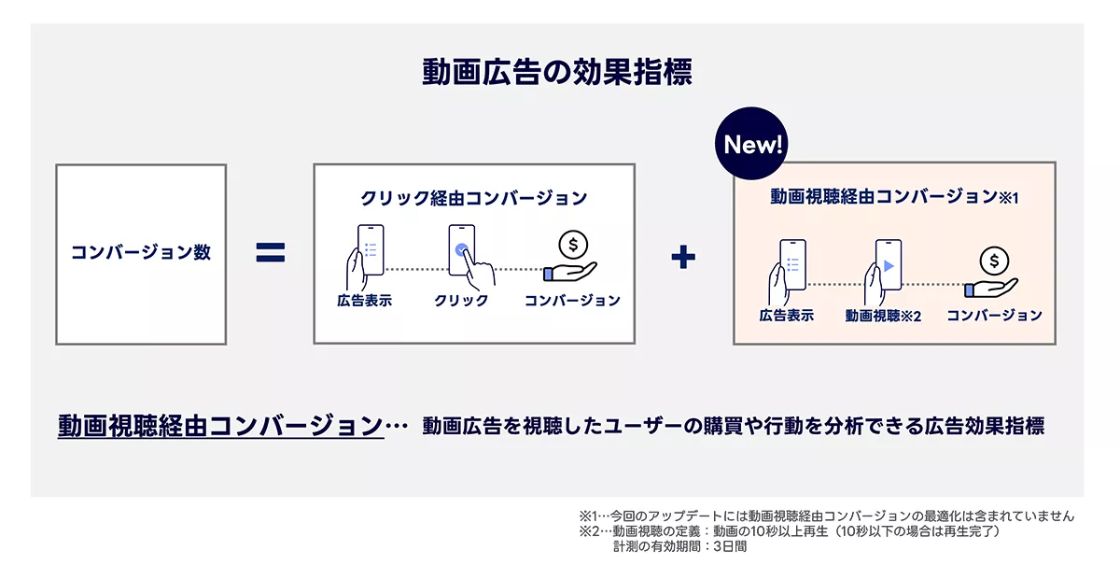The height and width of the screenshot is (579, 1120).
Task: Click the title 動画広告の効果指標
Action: pos(557,72)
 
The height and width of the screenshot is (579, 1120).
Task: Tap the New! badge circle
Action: pos(751,144)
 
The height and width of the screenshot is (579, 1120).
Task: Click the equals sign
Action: pos(271,253)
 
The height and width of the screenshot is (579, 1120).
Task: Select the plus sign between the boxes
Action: pos(683,257)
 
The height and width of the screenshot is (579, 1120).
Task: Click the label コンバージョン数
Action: pos(141,252)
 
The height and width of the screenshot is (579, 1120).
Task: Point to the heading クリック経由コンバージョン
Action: pos(474,198)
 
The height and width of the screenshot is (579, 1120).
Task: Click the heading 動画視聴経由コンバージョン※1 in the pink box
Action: pos(894,197)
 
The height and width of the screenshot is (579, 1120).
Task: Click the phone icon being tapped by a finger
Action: pos(461,249)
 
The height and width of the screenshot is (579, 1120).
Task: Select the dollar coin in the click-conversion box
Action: pos(573,245)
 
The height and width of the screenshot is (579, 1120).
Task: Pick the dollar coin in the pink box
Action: pos(994,261)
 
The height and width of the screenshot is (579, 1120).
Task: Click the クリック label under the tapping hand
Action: pos(461,301)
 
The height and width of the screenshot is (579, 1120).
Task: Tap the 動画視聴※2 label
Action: pos(883,316)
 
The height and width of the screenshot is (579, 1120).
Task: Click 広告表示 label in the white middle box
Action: pos(365,301)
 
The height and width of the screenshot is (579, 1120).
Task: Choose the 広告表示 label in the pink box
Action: pos(787,316)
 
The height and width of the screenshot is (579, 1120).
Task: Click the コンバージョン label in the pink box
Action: pos(995,316)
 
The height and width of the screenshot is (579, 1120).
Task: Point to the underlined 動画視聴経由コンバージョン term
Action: pos(220,427)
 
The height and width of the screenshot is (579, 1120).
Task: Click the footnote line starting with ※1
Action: pos(827,515)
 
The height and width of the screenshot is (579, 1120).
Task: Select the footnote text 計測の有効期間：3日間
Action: pos(680,546)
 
